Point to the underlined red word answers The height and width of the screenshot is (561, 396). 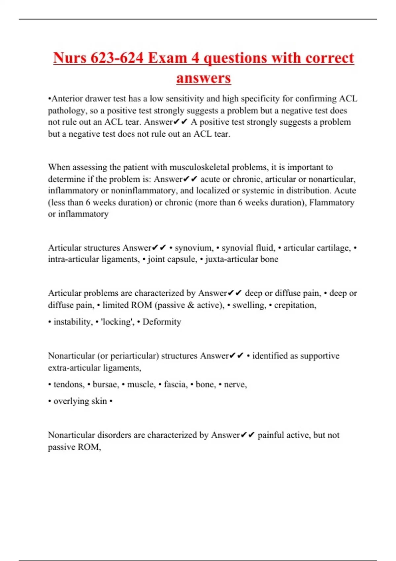[204, 79]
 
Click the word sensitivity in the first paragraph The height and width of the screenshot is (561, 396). [185, 99]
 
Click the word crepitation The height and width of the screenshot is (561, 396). [295, 305]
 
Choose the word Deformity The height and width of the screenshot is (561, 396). [162, 322]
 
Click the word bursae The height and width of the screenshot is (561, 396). [106, 385]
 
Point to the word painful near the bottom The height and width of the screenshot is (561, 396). [273, 435]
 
